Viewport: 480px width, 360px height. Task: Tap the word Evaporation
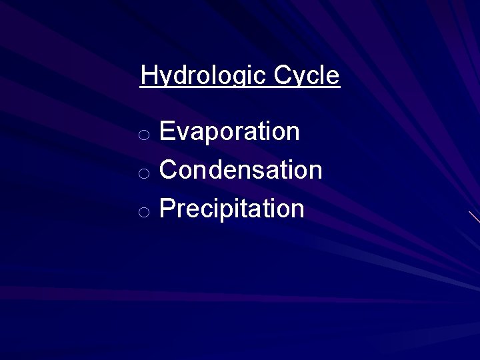229,131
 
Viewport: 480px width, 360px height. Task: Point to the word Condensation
241,170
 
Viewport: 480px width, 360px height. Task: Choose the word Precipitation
232,209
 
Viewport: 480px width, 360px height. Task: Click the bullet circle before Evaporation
143,135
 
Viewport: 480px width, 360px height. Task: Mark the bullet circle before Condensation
143,173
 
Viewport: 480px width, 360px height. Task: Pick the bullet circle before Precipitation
143,212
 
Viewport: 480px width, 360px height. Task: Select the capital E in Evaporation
167,131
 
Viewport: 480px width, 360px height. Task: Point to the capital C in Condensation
169,170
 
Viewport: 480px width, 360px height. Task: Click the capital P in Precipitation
167,209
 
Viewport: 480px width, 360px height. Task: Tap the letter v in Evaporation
185,133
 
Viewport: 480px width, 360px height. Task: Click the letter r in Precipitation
182,211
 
